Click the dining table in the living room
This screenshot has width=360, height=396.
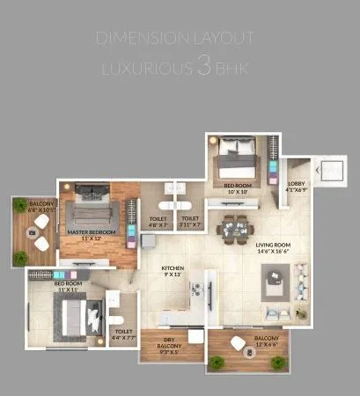232,229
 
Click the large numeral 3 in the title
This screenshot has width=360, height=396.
203,66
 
